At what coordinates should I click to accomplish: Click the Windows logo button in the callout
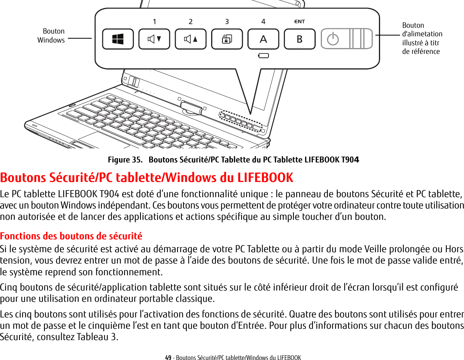point(118,39)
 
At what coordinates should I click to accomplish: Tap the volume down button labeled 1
point(154,39)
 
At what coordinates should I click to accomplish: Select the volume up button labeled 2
point(190,39)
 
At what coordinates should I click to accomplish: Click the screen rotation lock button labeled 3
point(227,39)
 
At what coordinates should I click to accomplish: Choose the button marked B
point(299,39)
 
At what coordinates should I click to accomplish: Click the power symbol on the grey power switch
point(332,39)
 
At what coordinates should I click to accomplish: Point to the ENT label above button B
point(299,21)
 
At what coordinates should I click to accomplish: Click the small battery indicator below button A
point(263,56)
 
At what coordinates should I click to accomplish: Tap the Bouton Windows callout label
point(52,36)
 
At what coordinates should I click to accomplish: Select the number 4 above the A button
point(263,21)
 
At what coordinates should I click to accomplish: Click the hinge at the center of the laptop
point(192,107)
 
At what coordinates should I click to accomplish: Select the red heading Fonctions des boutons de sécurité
point(71,236)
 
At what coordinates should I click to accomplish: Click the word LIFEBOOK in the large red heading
point(265,177)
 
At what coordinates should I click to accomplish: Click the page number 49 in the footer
point(168,357)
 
